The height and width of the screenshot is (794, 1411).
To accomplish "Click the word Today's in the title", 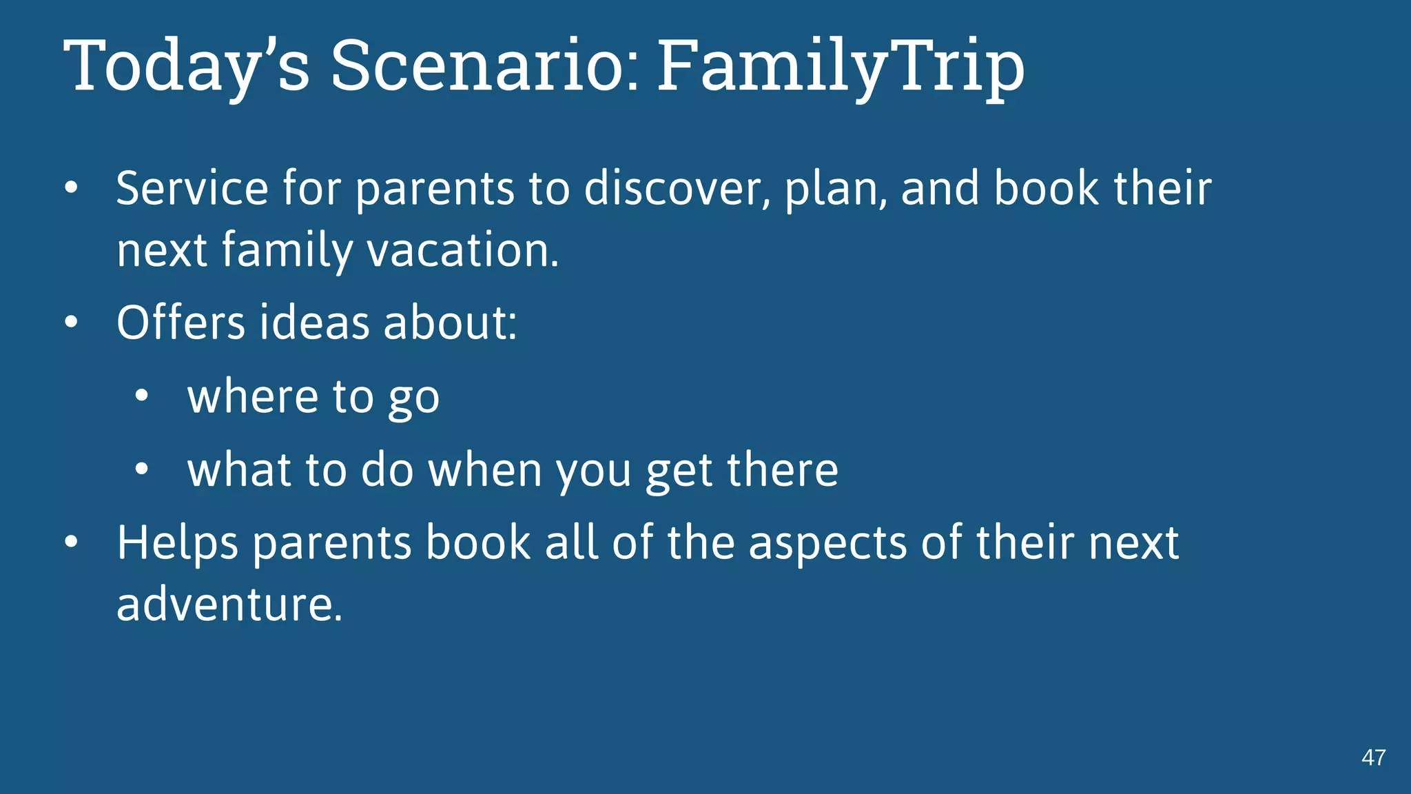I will (x=186, y=66).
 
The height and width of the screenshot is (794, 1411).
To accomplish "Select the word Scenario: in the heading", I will (x=486, y=66).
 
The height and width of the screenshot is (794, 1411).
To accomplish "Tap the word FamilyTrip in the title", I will (x=841, y=66).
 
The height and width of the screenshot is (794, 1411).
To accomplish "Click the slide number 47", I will (x=1373, y=757).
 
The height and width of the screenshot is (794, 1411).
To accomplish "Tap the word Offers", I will (x=181, y=323).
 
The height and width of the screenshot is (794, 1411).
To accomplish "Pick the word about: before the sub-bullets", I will (x=450, y=323).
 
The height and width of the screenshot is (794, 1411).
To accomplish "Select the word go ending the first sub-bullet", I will (x=413, y=400).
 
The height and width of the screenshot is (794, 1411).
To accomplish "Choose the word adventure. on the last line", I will (x=229, y=604).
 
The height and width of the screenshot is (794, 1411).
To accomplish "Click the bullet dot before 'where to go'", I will (x=142, y=396).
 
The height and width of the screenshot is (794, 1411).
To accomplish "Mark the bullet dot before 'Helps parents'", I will (x=72, y=542).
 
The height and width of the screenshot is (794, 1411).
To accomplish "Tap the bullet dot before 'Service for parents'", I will (x=72, y=188).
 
